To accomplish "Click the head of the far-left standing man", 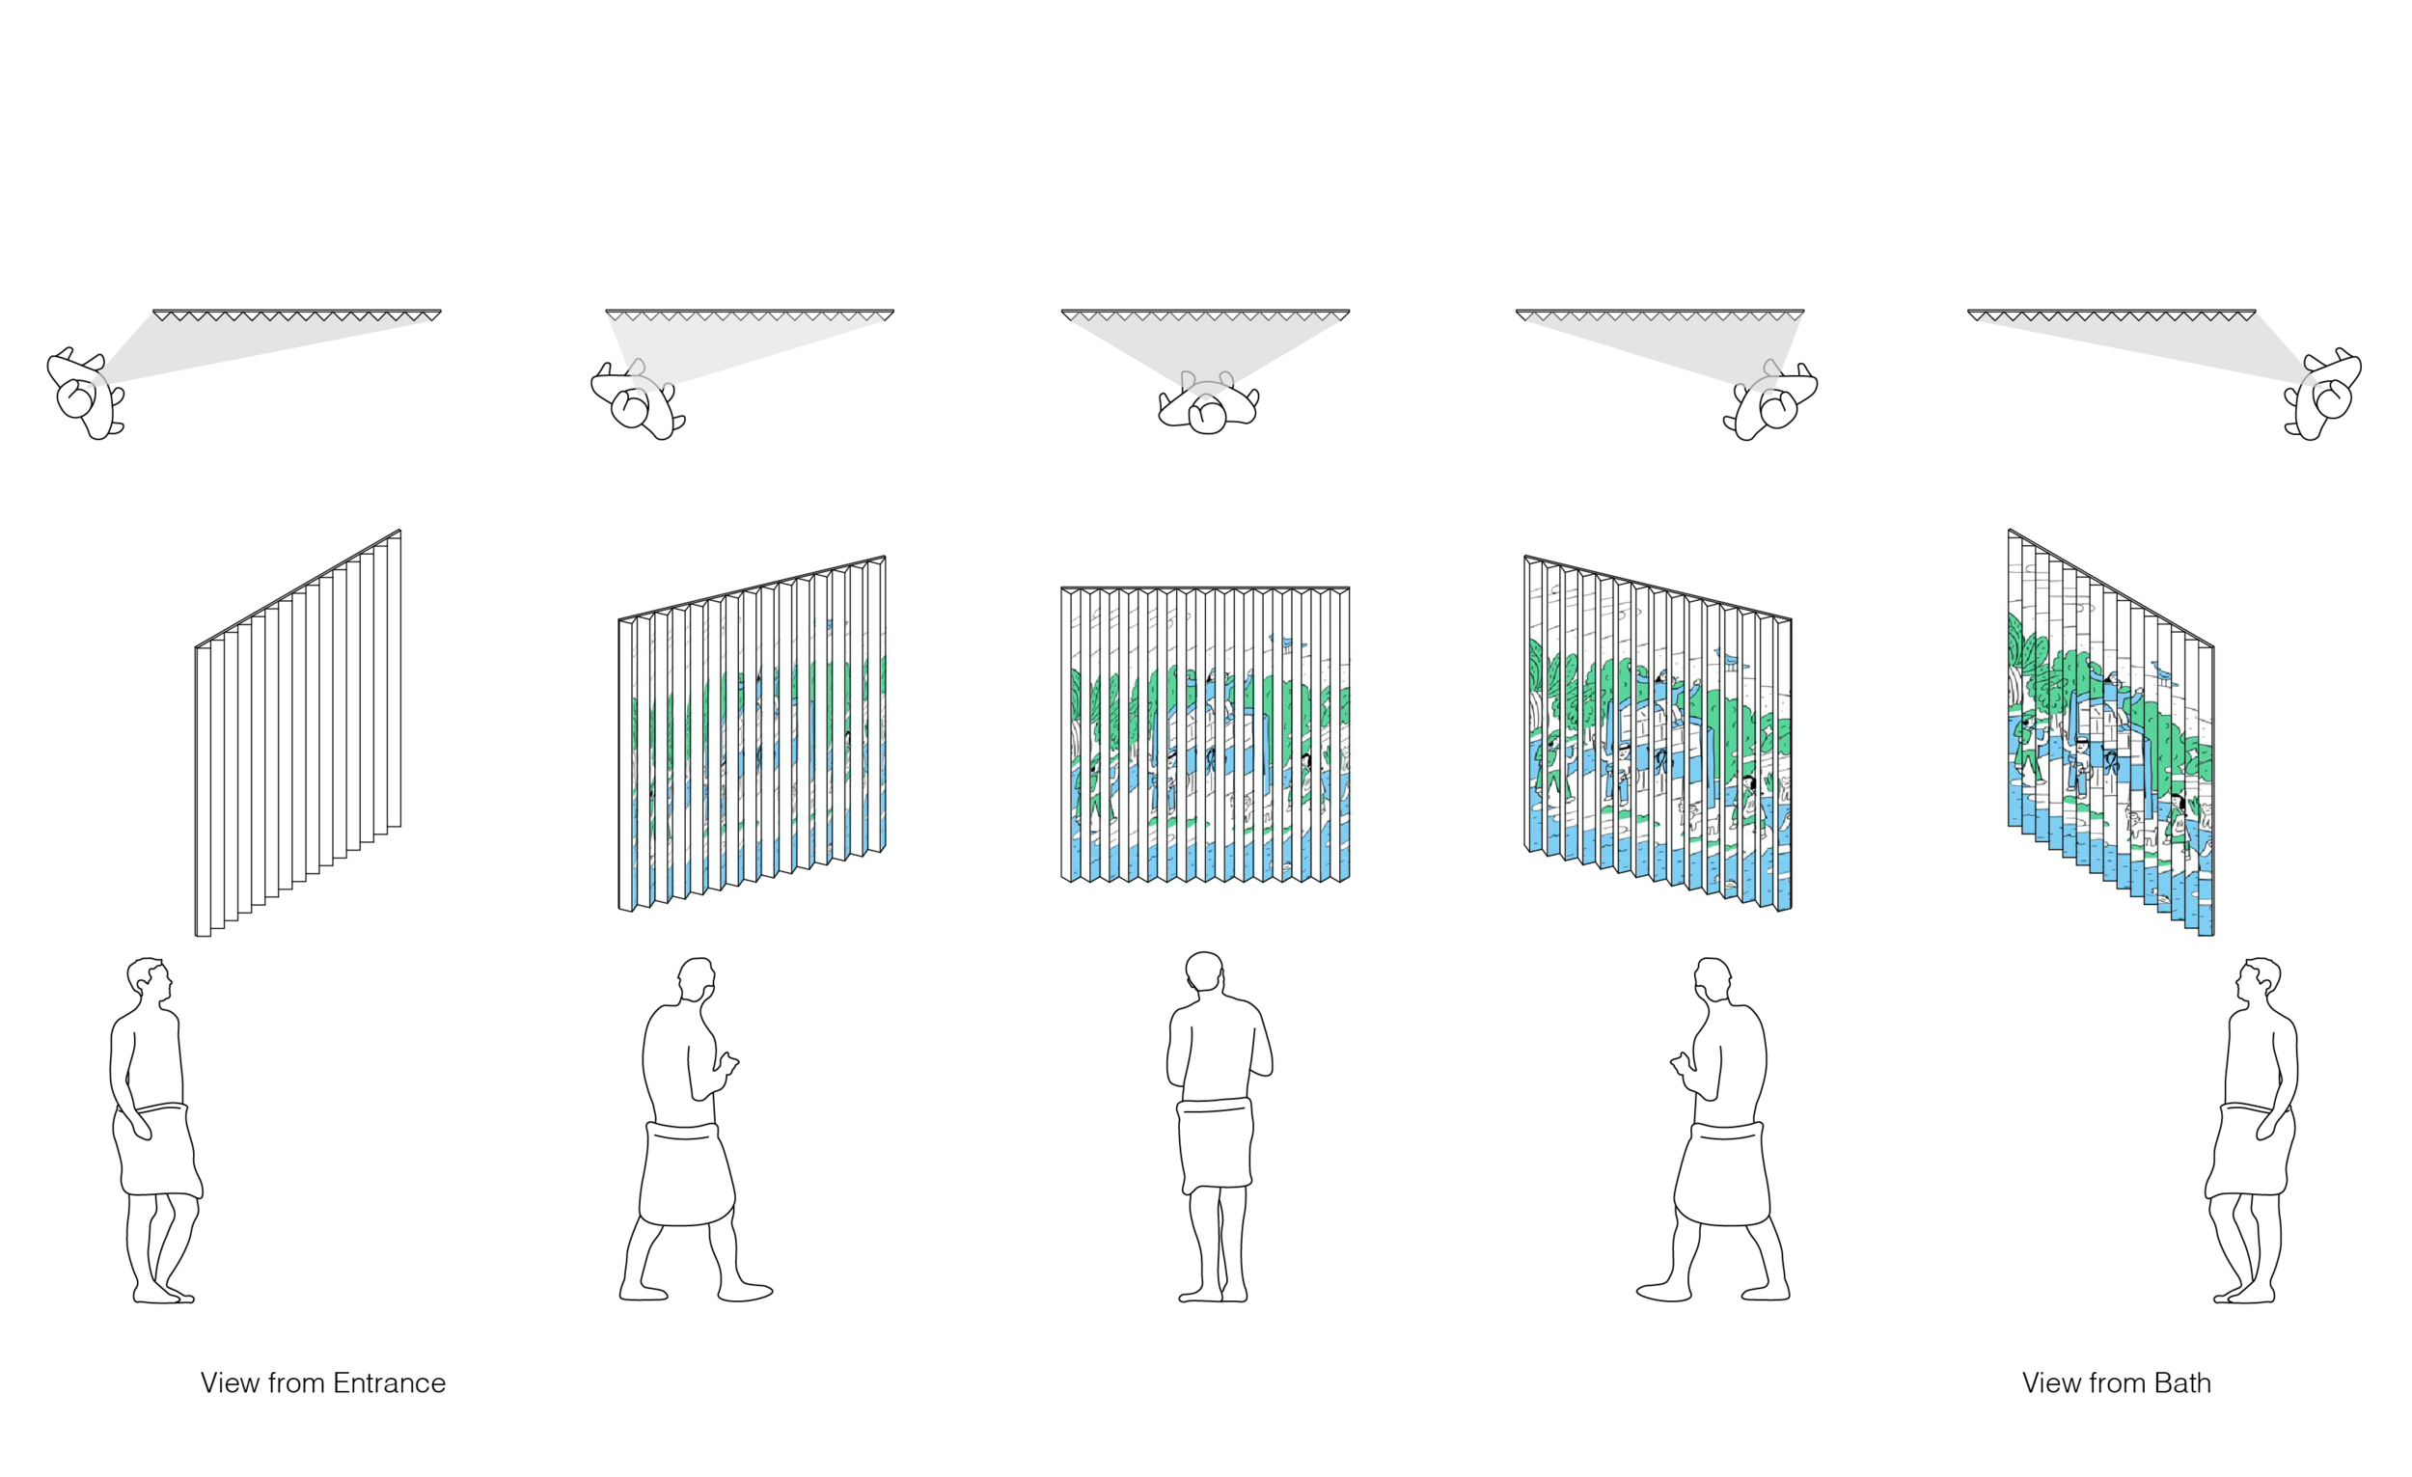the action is pos(150,982).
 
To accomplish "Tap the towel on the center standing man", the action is pos(1215,1144).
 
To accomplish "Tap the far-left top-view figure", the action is pos(86,394).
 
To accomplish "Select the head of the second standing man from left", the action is pos(697,980).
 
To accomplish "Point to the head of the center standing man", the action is pos(1205,975).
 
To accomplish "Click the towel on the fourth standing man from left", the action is pos(1721,1172).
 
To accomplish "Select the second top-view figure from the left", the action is pos(636,398).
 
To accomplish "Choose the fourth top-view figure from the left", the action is pos(1772,398).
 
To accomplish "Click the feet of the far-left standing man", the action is pos(164,1294).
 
